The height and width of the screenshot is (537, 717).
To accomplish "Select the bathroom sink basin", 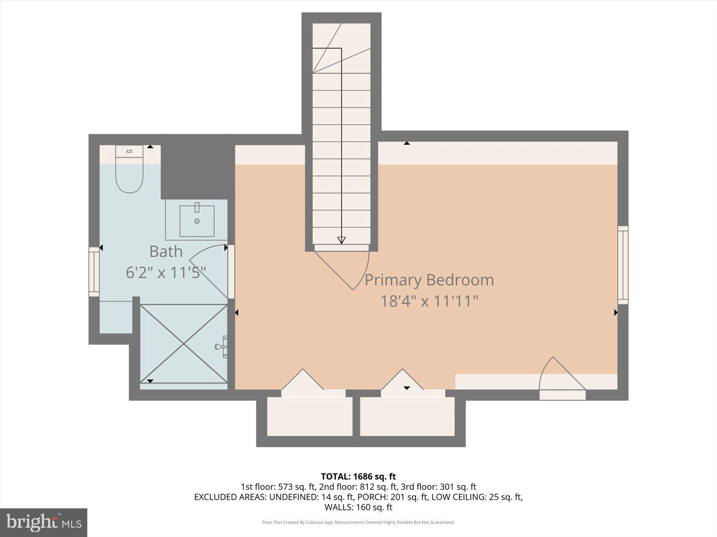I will click(197, 221).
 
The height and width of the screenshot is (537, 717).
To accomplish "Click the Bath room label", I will click(166, 251).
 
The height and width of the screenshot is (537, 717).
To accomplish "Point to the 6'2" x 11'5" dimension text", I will click(166, 273).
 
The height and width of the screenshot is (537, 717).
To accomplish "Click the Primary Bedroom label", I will click(429, 280).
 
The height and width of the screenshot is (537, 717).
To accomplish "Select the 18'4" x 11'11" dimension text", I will click(429, 302).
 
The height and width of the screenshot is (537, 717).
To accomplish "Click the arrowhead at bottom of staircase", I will click(341, 240).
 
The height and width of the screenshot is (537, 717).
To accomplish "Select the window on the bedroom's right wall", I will click(623, 265).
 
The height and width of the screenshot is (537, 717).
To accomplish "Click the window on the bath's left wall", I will click(94, 272).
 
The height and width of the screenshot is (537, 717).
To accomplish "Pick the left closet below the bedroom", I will click(310, 416).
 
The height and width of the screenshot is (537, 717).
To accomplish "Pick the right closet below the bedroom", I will click(407, 416).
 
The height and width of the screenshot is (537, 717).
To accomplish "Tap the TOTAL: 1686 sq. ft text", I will click(358, 476).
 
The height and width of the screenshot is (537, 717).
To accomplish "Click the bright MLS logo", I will click(44, 523).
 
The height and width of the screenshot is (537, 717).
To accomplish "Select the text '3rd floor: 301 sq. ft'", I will click(438, 487).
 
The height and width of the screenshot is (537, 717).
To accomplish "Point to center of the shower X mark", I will click(184, 344).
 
